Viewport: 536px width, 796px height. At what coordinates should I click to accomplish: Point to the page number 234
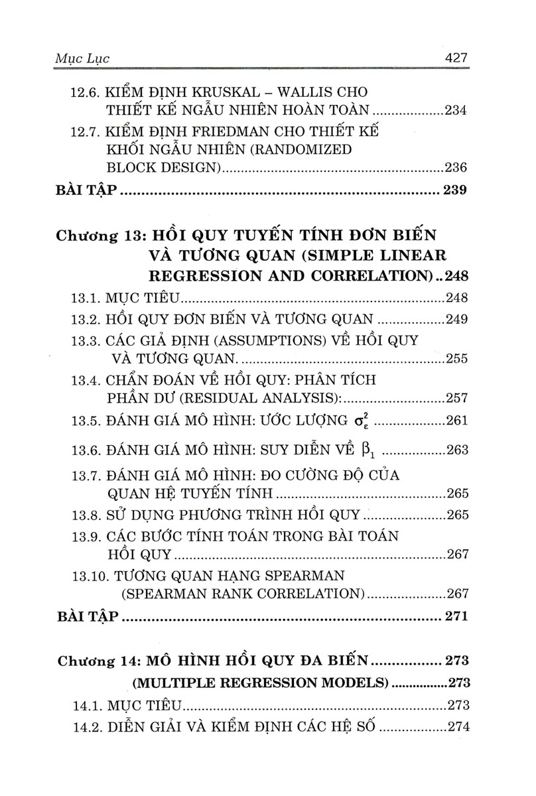click(456, 110)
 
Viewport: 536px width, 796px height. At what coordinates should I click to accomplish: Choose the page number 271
click(457, 616)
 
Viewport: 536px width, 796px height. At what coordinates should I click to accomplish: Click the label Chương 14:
click(98, 661)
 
